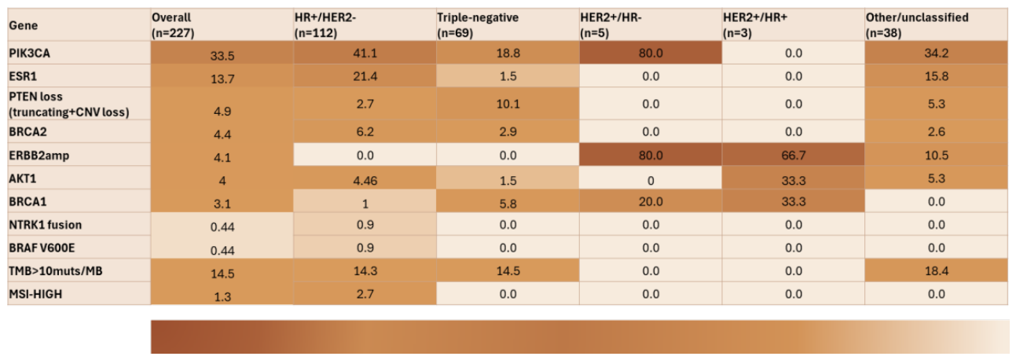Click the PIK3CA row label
click(x=30, y=53)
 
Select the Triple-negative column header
click(x=478, y=25)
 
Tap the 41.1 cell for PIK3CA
click(x=365, y=53)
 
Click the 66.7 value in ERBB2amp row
click(x=794, y=156)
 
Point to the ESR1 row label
click(x=23, y=75)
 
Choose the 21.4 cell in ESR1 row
click(x=365, y=75)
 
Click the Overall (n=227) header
click(x=173, y=25)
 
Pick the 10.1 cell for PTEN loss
click(x=508, y=104)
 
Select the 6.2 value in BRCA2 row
click(x=365, y=131)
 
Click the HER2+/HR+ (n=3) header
click(x=755, y=25)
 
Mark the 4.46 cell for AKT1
click(x=365, y=181)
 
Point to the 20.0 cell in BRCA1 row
click(x=651, y=201)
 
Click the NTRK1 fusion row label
click(x=46, y=225)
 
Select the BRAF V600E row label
click(x=42, y=248)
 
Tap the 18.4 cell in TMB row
click(x=936, y=271)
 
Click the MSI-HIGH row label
click(x=35, y=294)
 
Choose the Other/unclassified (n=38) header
click(x=917, y=25)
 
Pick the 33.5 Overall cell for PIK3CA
click(x=222, y=55)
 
